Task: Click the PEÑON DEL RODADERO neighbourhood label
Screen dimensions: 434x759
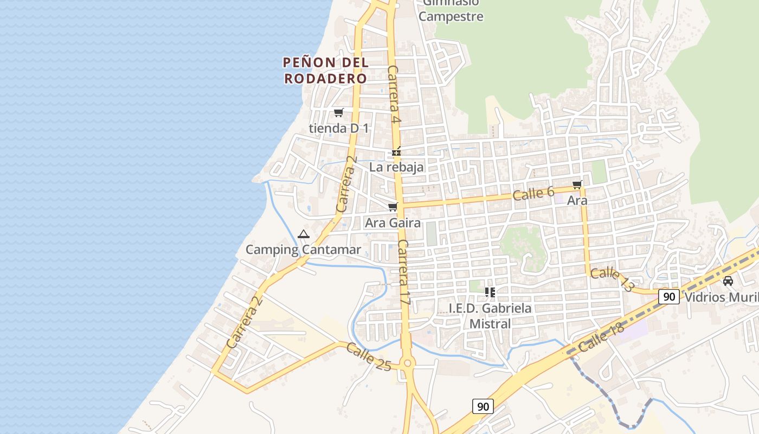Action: (325, 71)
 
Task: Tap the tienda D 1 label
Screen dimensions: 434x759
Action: (339, 129)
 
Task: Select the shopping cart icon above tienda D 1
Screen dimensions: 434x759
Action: (339, 113)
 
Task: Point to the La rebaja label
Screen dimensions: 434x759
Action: (396, 167)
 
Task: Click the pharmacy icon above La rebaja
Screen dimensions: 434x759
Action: (397, 152)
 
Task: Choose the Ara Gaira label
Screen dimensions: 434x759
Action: (393, 222)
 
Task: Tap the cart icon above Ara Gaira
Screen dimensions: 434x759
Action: (393, 207)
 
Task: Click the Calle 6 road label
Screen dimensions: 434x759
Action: (533, 193)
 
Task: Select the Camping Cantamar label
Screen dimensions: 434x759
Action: (303, 250)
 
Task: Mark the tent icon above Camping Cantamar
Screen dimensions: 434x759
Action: (303, 234)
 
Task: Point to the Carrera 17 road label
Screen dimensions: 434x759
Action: (404, 272)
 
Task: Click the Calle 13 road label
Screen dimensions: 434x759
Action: (612, 279)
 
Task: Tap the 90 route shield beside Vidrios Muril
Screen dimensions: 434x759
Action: (670, 297)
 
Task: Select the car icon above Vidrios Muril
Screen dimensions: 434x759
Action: (728, 281)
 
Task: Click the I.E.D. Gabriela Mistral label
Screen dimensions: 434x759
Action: (490, 316)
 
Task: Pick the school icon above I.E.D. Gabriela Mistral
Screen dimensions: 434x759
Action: (490, 292)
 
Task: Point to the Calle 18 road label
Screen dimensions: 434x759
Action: (601, 337)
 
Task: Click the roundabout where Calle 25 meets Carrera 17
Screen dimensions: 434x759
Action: (408, 363)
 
